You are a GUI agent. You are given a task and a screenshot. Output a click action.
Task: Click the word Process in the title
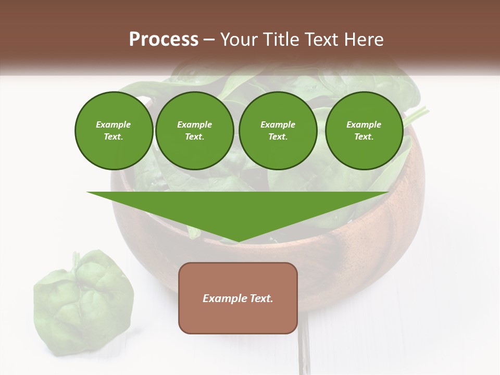coord(164,40)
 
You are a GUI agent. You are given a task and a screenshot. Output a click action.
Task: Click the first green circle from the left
coord(114,130)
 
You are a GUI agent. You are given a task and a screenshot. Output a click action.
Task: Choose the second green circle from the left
coord(194,130)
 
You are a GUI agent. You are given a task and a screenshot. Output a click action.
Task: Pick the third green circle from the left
coord(278,130)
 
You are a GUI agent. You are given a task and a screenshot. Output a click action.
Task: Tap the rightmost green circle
coord(364,130)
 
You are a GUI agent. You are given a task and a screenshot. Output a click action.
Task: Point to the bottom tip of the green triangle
coord(239,241)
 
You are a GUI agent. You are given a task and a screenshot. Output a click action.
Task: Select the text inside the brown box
coord(238,298)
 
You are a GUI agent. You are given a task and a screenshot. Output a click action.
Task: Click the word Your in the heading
coord(239,40)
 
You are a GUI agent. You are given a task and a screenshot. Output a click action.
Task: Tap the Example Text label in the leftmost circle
coord(114,130)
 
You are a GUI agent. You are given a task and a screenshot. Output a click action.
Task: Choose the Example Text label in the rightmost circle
coord(364,130)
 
